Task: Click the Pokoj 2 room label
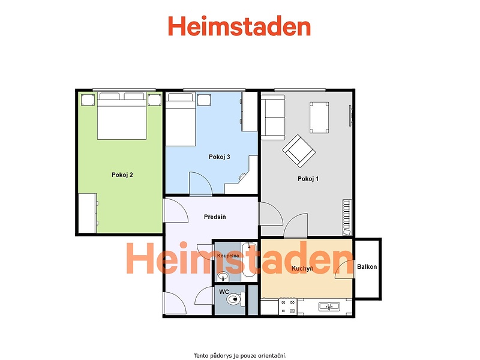click(x=122, y=175)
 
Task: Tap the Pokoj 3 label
click(x=219, y=157)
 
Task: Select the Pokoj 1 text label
click(x=308, y=179)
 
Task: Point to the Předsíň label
click(x=215, y=217)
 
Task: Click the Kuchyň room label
click(x=302, y=268)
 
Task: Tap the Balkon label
click(x=367, y=266)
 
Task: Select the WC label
click(x=224, y=292)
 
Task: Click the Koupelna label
click(x=228, y=256)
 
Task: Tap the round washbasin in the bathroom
click(x=223, y=277)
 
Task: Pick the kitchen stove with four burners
click(x=288, y=307)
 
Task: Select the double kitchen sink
click(x=329, y=306)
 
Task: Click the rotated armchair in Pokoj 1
click(x=299, y=151)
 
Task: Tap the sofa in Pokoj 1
click(x=273, y=117)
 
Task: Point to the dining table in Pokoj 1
click(x=319, y=118)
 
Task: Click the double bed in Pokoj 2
click(x=122, y=116)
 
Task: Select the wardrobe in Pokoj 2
click(x=88, y=213)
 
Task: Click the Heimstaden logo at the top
click(x=239, y=26)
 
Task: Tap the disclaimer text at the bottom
click(x=240, y=356)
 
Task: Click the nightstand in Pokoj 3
click(x=204, y=100)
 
